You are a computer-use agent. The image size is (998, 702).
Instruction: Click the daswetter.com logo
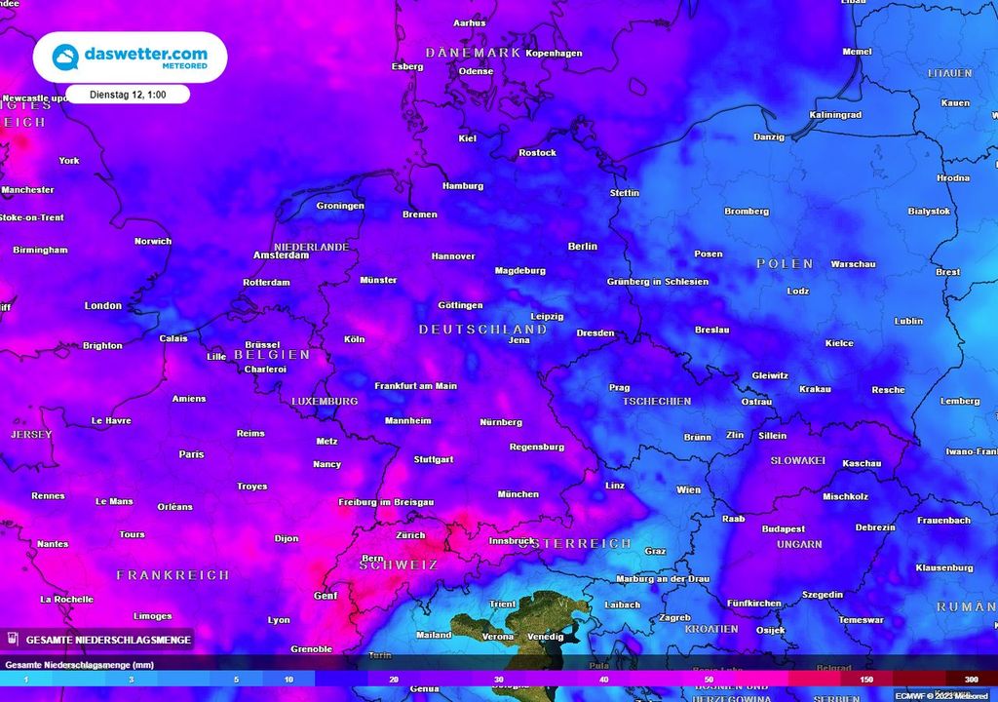click(130, 57)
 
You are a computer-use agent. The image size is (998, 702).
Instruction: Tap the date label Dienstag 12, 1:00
click(127, 95)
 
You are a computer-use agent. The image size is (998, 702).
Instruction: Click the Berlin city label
click(582, 247)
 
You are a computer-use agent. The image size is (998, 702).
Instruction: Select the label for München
click(518, 494)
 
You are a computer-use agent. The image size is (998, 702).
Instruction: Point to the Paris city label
click(191, 454)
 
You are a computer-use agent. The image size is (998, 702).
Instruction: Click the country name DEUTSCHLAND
click(482, 330)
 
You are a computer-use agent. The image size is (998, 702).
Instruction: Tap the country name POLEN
click(785, 264)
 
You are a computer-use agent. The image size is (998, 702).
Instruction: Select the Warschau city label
click(853, 264)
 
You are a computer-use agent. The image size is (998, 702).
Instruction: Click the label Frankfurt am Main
click(415, 386)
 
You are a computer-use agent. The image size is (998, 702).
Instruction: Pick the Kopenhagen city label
click(554, 53)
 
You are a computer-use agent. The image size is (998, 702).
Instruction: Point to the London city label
click(103, 306)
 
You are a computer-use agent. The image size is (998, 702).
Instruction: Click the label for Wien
click(688, 489)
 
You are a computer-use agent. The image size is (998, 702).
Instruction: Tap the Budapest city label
click(783, 529)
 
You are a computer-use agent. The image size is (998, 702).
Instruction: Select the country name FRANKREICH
click(173, 575)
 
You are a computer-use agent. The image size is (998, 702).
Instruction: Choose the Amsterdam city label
click(281, 255)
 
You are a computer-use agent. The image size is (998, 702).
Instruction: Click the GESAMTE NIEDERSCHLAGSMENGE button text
click(107, 640)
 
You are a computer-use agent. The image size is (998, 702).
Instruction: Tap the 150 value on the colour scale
click(866, 679)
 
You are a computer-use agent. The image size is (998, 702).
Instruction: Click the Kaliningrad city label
click(835, 115)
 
